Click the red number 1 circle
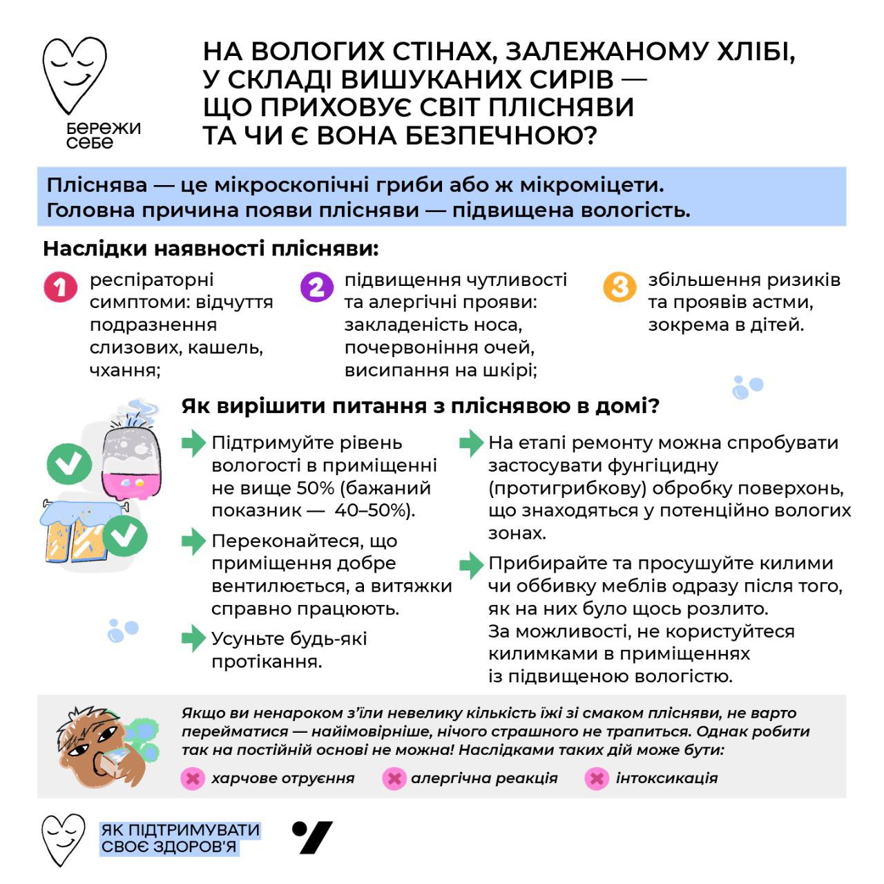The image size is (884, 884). pos(61,287)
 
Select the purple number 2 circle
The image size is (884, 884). pos(316,287)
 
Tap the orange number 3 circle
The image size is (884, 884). pos(619,287)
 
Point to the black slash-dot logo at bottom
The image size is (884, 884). pos(312,837)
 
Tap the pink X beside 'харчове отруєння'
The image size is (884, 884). pos(193,778)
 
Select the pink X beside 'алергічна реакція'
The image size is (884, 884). pos(394,778)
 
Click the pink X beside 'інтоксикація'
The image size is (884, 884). pos(596,778)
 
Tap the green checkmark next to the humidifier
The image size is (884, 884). pos(69,463)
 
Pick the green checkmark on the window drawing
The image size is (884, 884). pos(125,535)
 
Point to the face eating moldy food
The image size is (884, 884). pos(97,746)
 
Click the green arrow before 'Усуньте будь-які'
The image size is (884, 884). pos(194,639)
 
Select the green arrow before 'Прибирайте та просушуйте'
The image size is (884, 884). pos(471,564)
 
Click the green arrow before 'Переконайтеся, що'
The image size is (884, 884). pos(194,541)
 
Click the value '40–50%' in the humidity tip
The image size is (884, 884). pos(374,510)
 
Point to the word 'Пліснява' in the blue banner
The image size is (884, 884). pos(97,185)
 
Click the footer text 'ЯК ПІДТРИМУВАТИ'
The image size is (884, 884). pos(180,829)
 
